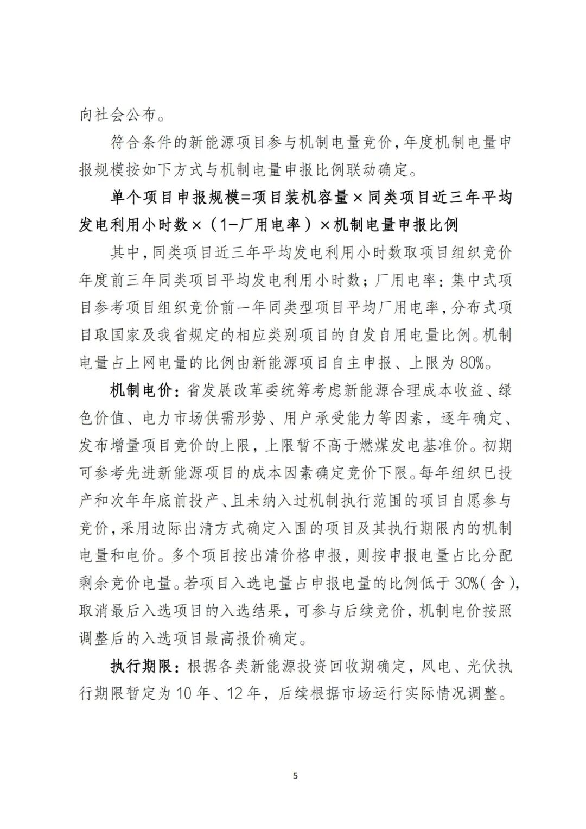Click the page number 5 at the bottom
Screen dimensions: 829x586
(295, 776)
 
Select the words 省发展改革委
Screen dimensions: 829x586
(226, 390)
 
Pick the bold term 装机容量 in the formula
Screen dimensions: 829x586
(318, 197)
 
